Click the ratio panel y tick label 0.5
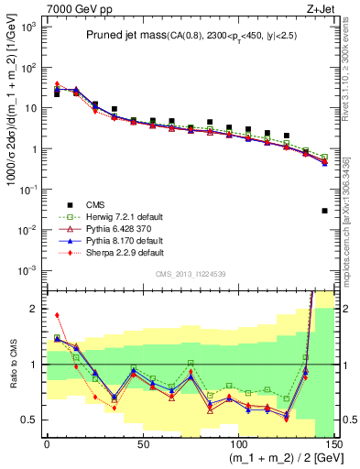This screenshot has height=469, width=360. (30, 420)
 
